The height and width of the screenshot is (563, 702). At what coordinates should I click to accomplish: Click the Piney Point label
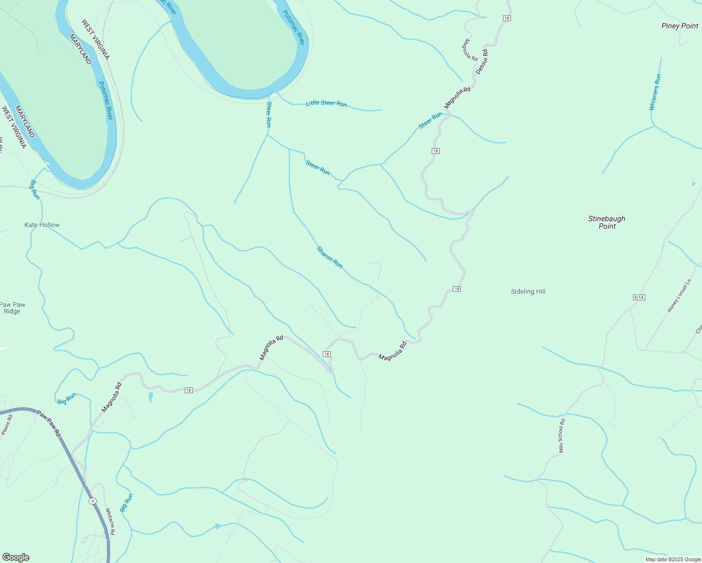point(679,26)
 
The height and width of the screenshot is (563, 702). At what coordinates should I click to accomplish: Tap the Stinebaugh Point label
point(607,222)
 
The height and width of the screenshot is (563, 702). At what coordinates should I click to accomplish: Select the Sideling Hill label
point(528,291)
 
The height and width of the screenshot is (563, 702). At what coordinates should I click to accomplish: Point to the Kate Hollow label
point(42,225)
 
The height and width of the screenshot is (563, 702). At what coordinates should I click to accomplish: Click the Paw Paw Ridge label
point(12,308)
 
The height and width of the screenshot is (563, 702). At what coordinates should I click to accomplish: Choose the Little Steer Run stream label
point(326,103)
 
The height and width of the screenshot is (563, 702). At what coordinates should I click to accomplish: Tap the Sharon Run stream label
point(329,258)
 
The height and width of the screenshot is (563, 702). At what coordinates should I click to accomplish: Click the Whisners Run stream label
point(655,92)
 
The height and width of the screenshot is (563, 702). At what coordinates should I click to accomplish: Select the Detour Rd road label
point(482,61)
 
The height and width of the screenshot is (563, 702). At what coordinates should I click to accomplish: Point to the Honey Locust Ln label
point(679,296)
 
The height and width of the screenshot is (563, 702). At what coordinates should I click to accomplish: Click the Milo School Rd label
point(562,435)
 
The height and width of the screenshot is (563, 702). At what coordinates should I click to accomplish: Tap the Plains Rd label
point(7,425)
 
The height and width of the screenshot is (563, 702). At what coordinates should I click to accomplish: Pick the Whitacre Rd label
point(110,521)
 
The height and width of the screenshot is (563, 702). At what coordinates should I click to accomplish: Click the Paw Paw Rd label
point(49,424)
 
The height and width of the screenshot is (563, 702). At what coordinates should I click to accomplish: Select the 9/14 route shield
point(639,297)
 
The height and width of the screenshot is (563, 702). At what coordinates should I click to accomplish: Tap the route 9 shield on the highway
point(93,501)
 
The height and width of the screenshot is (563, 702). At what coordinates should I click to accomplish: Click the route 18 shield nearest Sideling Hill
point(457,289)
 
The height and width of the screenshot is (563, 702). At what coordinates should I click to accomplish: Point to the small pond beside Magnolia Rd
point(151,397)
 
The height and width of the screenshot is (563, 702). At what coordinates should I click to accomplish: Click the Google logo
point(16,557)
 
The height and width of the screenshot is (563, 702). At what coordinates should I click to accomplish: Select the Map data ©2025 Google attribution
point(672,559)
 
